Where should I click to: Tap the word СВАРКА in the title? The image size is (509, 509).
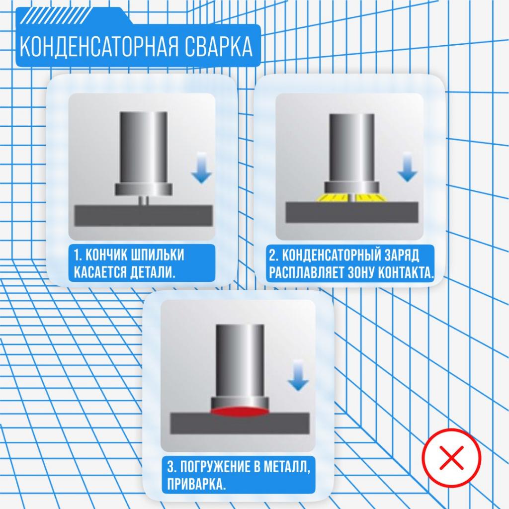point(219,47)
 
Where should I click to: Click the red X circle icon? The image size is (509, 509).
point(451,458)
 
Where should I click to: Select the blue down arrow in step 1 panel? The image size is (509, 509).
point(201,168)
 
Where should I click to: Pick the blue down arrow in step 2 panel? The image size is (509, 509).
point(408,167)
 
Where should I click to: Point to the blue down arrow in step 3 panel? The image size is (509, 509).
point(298,375)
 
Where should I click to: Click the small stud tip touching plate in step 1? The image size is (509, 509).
point(143,200)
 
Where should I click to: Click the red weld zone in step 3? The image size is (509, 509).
point(240,411)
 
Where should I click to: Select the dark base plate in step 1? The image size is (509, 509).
point(143,216)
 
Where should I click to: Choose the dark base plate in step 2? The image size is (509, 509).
point(352,212)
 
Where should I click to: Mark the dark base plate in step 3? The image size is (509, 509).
point(240,424)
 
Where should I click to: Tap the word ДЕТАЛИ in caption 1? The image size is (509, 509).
point(152,272)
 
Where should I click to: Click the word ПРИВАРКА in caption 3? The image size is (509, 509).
point(196,484)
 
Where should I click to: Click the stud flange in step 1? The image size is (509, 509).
point(144,189)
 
